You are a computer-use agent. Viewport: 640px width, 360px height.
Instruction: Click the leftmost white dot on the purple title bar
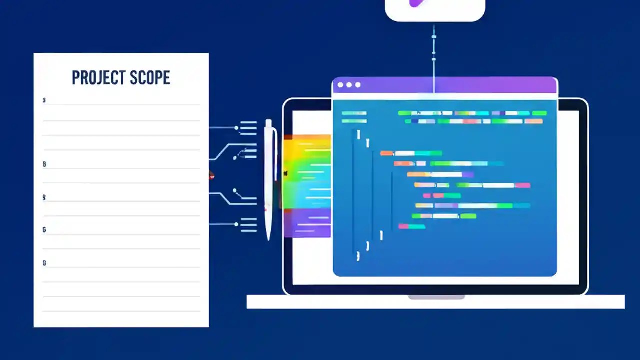340,85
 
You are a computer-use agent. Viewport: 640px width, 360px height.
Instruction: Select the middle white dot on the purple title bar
349,85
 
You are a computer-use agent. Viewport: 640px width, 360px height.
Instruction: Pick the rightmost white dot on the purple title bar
358,85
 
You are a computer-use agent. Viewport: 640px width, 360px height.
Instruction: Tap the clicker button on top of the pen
268,123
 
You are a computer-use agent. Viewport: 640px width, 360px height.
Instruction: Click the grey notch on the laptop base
436,297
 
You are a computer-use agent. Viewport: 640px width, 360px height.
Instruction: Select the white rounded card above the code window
435,10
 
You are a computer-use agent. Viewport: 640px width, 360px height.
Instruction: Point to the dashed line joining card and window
434,55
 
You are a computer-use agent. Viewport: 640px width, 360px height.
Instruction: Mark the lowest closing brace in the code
358,256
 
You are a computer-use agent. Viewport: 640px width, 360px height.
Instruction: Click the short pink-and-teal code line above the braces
412,227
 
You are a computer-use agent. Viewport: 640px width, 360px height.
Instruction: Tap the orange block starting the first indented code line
386,153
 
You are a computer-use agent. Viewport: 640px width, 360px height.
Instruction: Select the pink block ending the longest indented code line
522,185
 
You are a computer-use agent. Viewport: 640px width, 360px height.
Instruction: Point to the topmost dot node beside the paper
236,128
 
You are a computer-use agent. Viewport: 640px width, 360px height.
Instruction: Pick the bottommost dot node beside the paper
236,224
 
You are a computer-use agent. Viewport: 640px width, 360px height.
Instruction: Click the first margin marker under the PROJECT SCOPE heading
44,100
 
